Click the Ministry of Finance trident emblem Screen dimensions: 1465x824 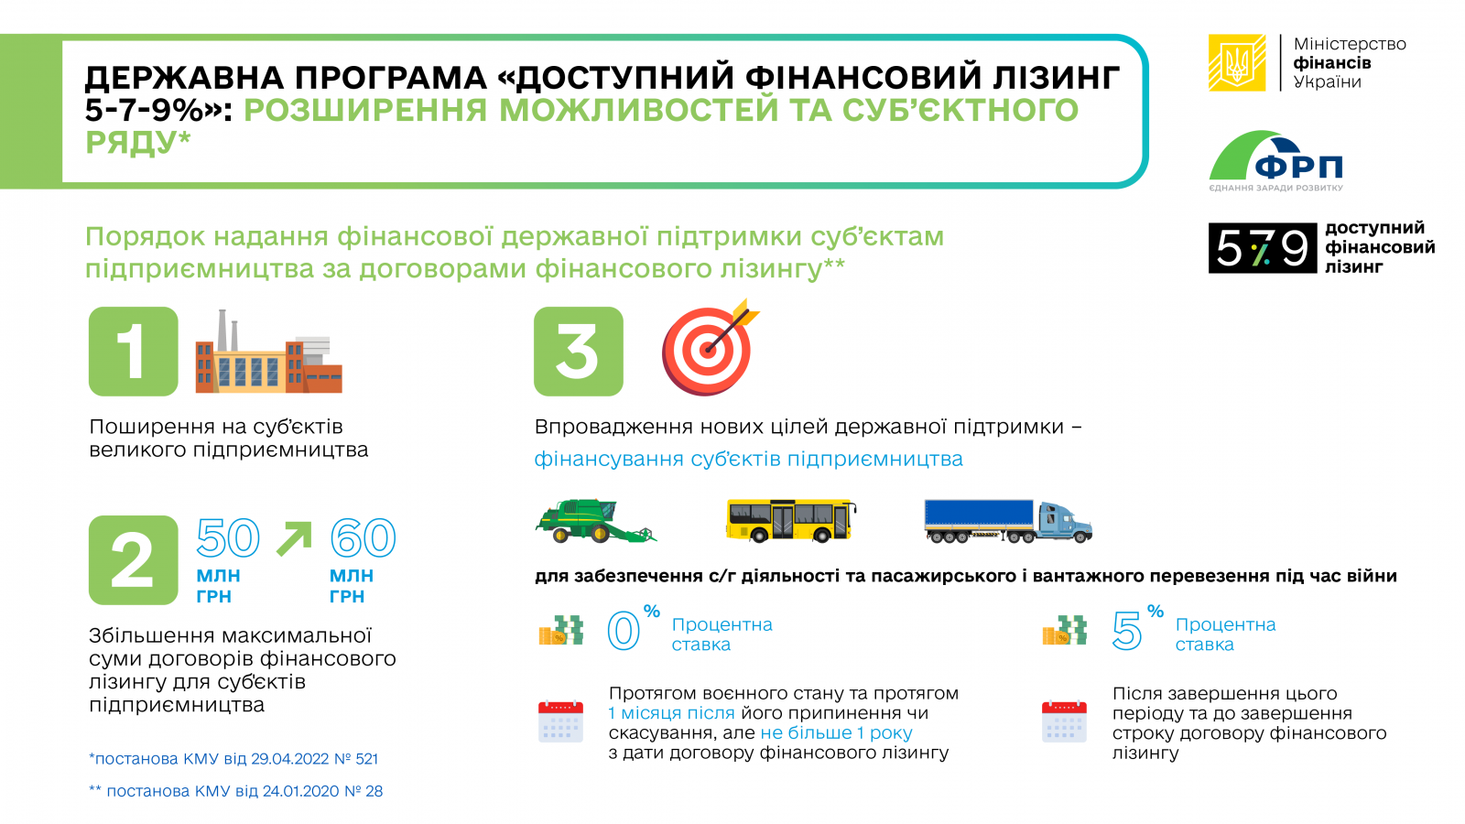click(x=1236, y=63)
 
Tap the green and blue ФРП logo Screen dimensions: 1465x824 click(x=1275, y=161)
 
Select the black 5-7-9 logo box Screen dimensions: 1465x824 click(x=1262, y=248)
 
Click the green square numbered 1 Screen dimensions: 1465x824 click(x=134, y=352)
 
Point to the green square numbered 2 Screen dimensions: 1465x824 click(x=134, y=559)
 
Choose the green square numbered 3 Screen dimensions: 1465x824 click(x=578, y=352)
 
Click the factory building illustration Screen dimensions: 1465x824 click(x=268, y=352)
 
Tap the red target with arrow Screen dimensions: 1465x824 click(x=709, y=348)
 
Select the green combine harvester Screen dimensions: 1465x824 click(x=595, y=521)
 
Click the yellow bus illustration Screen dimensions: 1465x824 click(x=791, y=521)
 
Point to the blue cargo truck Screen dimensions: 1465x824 click(x=1008, y=521)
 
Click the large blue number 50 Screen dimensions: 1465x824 click(x=228, y=537)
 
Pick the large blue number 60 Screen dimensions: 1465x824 click(x=363, y=537)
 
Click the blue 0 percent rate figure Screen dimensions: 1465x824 click(x=624, y=631)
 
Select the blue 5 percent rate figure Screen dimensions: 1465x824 click(x=1127, y=631)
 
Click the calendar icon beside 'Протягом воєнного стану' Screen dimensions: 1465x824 click(x=560, y=721)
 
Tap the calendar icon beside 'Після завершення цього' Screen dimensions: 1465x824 click(x=1064, y=721)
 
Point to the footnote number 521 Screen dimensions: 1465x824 click(x=367, y=759)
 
